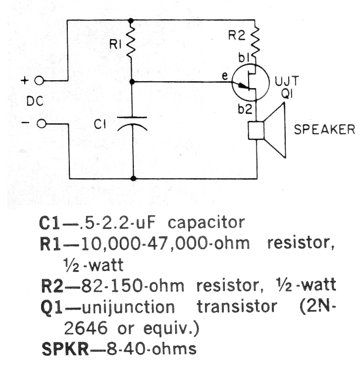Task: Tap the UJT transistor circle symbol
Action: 251,82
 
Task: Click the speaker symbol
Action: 267,130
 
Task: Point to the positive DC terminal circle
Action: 39,81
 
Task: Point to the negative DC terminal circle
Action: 42,123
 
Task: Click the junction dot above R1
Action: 131,21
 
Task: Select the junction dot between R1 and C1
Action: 132,82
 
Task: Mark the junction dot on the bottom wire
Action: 133,178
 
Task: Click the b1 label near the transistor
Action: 244,58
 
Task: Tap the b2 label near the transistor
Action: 245,109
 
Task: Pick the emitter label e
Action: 225,76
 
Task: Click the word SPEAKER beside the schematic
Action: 324,129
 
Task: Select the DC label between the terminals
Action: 35,102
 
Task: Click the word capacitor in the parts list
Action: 206,223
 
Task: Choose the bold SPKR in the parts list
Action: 65,349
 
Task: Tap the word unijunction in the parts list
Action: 128,308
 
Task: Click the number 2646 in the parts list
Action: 86,328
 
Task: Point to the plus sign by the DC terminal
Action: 24,81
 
